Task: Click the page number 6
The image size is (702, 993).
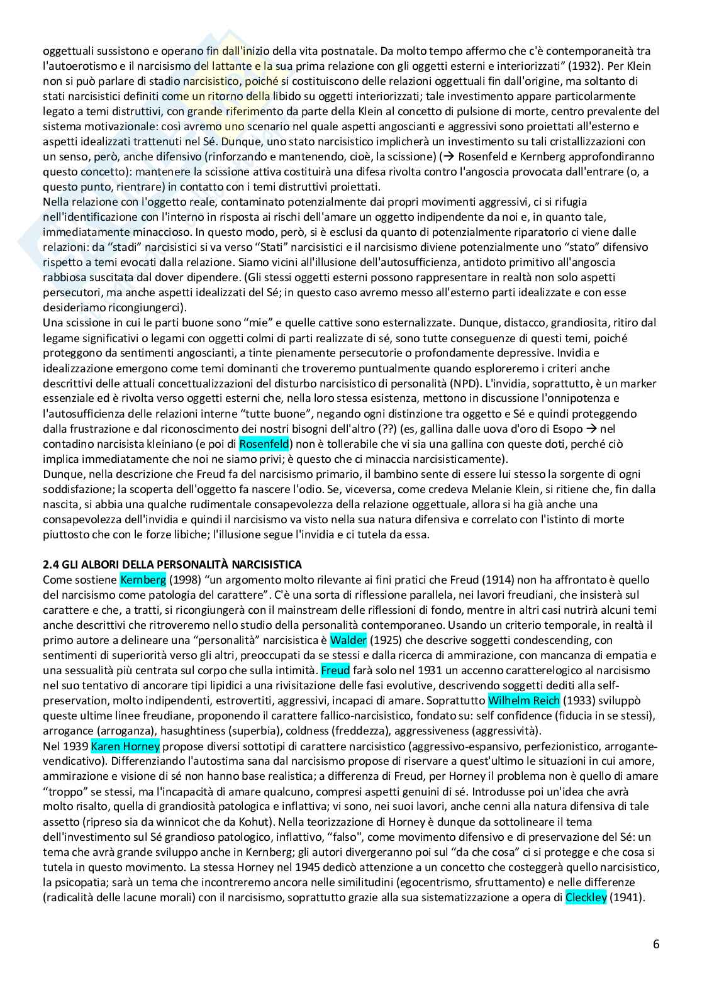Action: [x=656, y=944]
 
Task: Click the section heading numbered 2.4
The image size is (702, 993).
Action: [x=172, y=563]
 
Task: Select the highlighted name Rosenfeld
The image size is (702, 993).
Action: [x=264, y=444]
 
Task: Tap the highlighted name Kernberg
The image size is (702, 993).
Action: [x=136, y=579]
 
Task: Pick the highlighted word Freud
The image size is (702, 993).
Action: [x=335, y=670]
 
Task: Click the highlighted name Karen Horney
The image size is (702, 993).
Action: [x=125, y=746]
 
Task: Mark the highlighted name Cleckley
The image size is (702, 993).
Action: [x=586, y=897]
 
